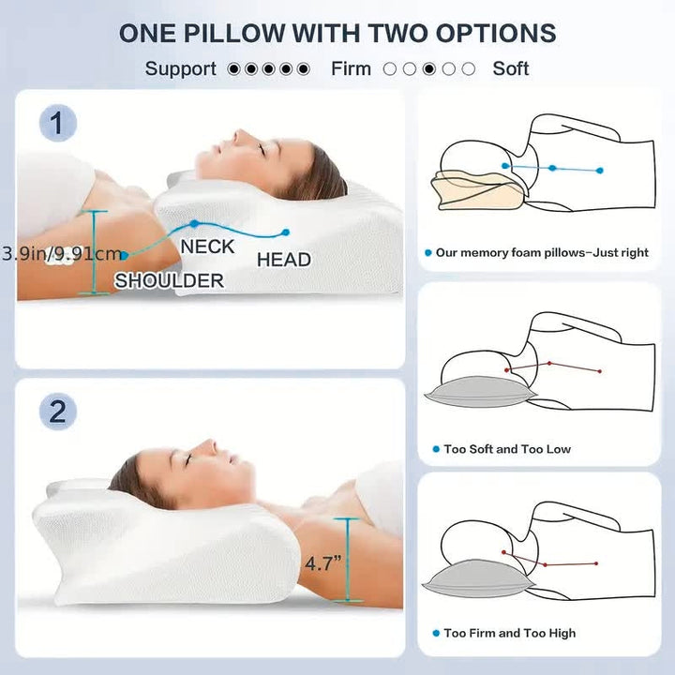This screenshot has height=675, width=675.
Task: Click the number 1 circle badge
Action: click(x=58, y=124)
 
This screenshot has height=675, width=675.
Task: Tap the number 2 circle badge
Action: click(x=58, y=412)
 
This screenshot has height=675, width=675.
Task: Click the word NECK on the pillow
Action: click(x=207, y=247)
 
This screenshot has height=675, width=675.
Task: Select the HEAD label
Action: click(x=283, y=260)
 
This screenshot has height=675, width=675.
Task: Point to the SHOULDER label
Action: click(x=169, y=280)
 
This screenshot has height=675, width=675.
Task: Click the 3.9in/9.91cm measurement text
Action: click(x=62, y=253)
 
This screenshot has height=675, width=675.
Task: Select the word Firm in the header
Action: click(x=351, y=68)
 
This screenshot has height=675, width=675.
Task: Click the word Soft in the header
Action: click(x=511, y=68)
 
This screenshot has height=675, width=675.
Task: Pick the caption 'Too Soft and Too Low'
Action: click(x=507, y=449)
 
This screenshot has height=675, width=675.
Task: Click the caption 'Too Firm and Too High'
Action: click(x=511, y=633)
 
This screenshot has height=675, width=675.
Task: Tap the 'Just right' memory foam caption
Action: click(x=542, y=253)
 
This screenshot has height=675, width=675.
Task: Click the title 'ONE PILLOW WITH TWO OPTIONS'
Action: click(x=337, y=32)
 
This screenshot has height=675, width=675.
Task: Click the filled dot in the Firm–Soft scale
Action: click(x=429, y=68)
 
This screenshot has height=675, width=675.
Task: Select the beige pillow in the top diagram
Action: click(x=478, y=191)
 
